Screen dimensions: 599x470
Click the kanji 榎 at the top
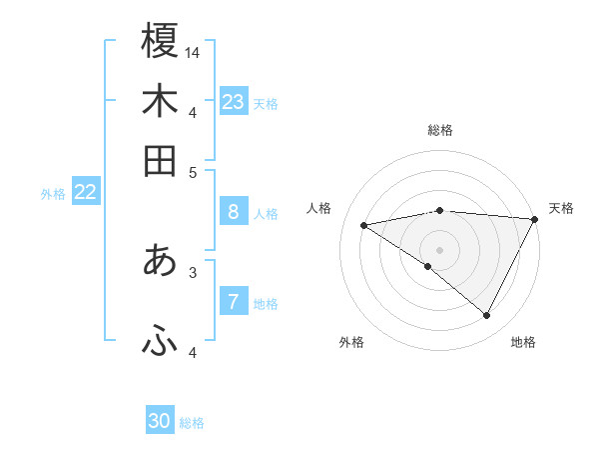[x=160, y=41]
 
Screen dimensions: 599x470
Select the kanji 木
[x=160, y=102]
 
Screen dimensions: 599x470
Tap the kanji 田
[x=160, y=161]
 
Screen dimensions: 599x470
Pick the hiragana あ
[x=160, y=261]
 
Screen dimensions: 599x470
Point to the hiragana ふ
[x=160, y=341]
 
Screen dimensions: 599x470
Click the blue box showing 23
[x=234, y=102]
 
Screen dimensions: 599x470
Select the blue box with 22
[x=85, y=193]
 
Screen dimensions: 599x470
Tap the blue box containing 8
[x=233, y=212]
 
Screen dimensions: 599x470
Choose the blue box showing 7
[x=233, y=302]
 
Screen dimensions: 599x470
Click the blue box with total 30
[x=160, y=421]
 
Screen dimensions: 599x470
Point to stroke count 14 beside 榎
[x=194, y=51]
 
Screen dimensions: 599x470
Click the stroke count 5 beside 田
[x=194, y=171]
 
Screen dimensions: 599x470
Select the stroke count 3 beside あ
[x=194, y=271]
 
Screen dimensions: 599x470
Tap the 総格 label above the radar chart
[x=440, y=130]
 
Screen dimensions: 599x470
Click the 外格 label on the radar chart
[x=351, y=342]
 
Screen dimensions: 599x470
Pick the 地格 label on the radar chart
[x=523, y=342]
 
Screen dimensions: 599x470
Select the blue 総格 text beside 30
[x=192, y=423]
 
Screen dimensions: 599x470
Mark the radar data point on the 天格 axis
[x=534, y=219]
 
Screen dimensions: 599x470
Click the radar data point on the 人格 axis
[x=364, y=225]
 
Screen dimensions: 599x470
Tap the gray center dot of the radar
[x=440, y=249]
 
